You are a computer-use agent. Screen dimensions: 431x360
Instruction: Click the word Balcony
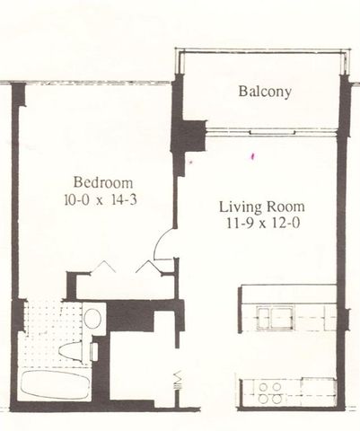click(265, 92)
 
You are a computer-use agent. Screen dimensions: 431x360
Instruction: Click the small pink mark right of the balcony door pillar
click(253, 157)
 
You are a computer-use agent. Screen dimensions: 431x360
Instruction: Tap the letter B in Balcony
click(242, 92)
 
